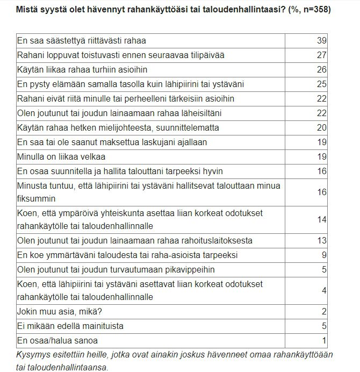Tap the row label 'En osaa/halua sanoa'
pos(57,340)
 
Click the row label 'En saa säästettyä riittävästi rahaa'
pos(82,41)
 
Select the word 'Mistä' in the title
pos(26,10)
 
